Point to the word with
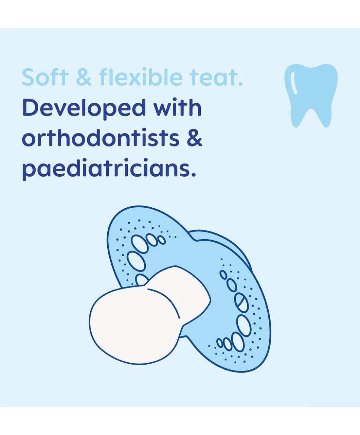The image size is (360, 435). (x=178, y=108)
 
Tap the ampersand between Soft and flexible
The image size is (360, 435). (x=84, y=77)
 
